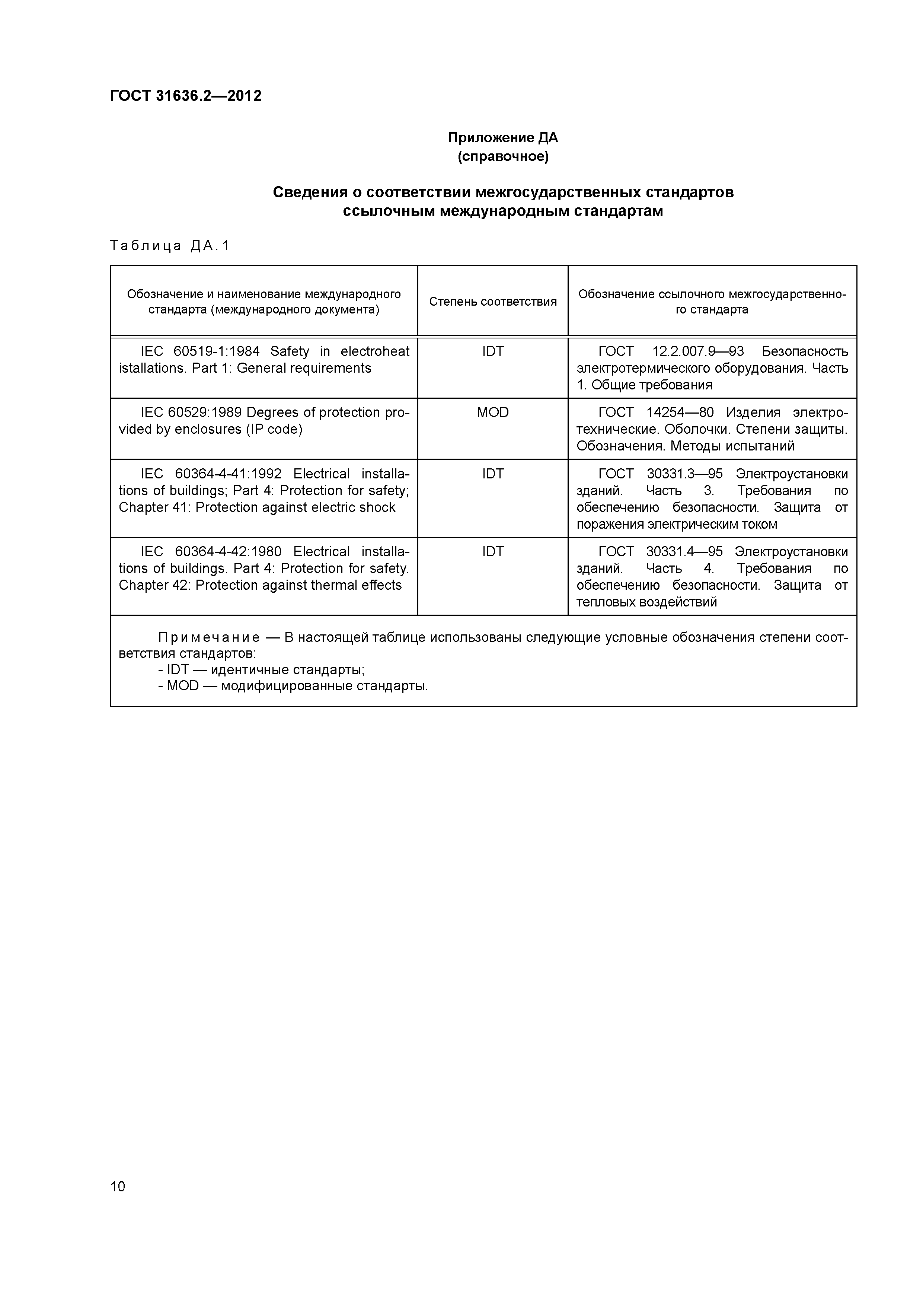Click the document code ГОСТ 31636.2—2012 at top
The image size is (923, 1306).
pos(185,96)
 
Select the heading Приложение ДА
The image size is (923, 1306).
pos(503,138)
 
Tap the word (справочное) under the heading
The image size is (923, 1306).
pos(503,156)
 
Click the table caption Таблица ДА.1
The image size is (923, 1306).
pos(169,246)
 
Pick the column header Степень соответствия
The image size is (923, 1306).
pos(492,302)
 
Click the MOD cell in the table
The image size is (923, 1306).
pos(492,412)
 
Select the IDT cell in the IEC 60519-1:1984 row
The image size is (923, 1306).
pos(492,351)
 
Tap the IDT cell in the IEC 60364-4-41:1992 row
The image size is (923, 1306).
pos(492,474)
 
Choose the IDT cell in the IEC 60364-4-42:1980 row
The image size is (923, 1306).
pos(492,552)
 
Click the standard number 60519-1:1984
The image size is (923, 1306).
pos(216,351)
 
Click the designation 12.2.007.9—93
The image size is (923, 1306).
pos(698,351)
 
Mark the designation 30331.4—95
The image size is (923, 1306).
pos(684,552)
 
